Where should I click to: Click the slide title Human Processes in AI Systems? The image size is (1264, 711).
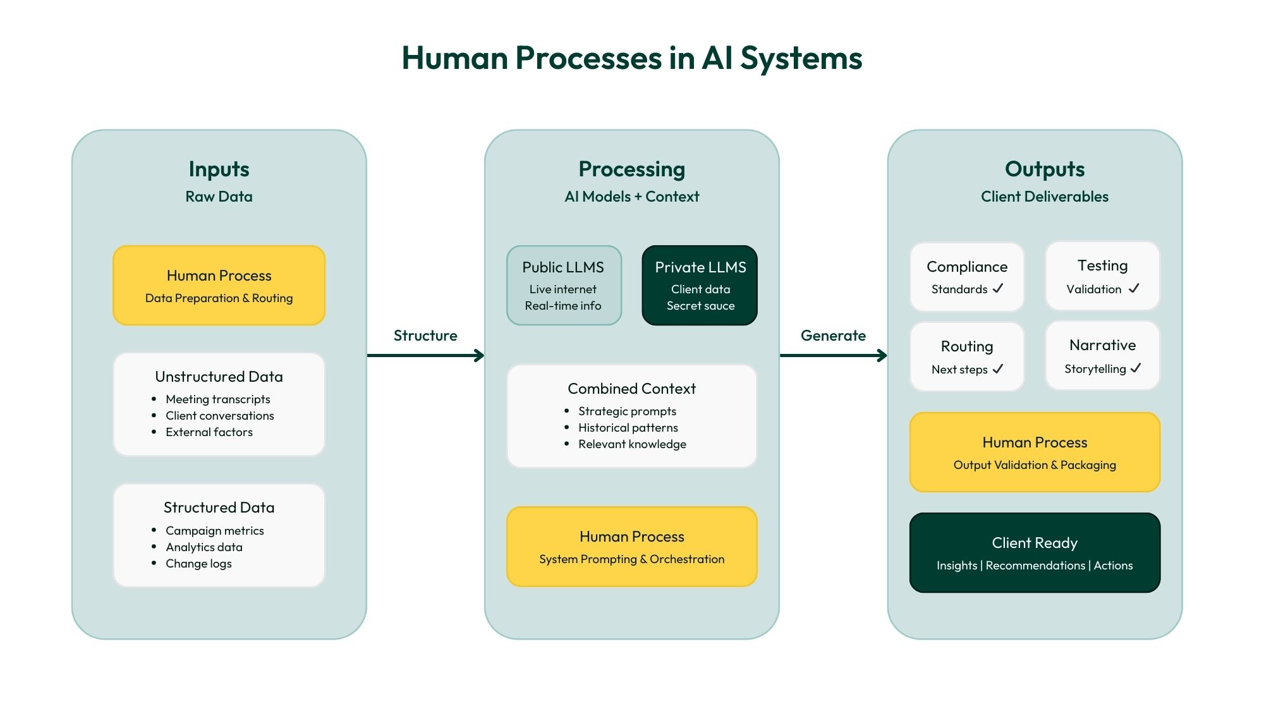pos(632,58)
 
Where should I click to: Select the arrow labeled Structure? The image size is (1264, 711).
pos(425,355)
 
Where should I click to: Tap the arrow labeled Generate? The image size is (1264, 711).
pos(833,355)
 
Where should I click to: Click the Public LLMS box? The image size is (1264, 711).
pos(564,286)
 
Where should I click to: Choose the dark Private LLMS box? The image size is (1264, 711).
pos(700,286)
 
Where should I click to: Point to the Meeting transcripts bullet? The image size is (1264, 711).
pos(217,399)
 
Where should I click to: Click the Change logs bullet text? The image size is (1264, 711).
pos(198,564)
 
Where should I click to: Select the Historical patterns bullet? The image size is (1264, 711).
pos(628,428)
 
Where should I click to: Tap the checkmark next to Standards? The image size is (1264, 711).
pos(998,288)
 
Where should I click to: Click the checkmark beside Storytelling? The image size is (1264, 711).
pos(1136,368)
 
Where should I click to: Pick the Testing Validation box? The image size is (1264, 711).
pos(1102,276)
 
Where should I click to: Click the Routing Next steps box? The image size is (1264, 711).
pos(966,356)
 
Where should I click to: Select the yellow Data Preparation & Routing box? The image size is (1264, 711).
pos(219,286)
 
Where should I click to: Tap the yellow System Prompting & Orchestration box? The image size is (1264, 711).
pos(631,547)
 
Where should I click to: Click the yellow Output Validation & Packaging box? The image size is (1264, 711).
pos(1035,453)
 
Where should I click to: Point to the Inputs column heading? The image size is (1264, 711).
pos(219,169)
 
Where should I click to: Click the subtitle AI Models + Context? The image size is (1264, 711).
pos(631,197)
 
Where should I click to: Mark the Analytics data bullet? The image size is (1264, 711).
pos(204,547)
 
